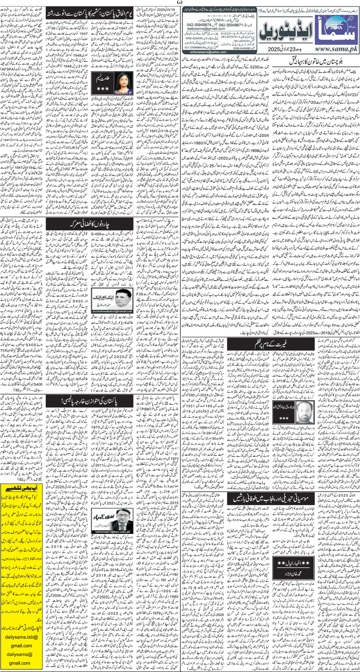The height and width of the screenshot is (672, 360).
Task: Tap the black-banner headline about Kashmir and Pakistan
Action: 90,14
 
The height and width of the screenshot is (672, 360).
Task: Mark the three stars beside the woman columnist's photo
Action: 102,89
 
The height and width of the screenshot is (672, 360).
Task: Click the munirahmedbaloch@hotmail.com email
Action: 112,311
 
